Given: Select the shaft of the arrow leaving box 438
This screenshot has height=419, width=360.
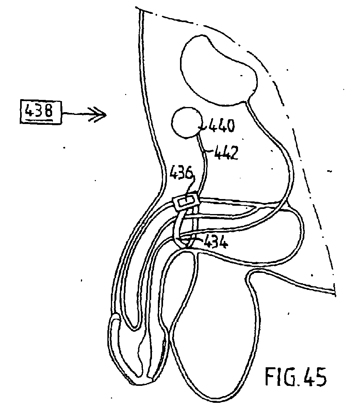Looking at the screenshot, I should click(x=79, y=115).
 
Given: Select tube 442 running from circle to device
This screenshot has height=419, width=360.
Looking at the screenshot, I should click(x=204, y=166).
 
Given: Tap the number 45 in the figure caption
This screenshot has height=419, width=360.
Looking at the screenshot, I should click(x=314, y=377).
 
